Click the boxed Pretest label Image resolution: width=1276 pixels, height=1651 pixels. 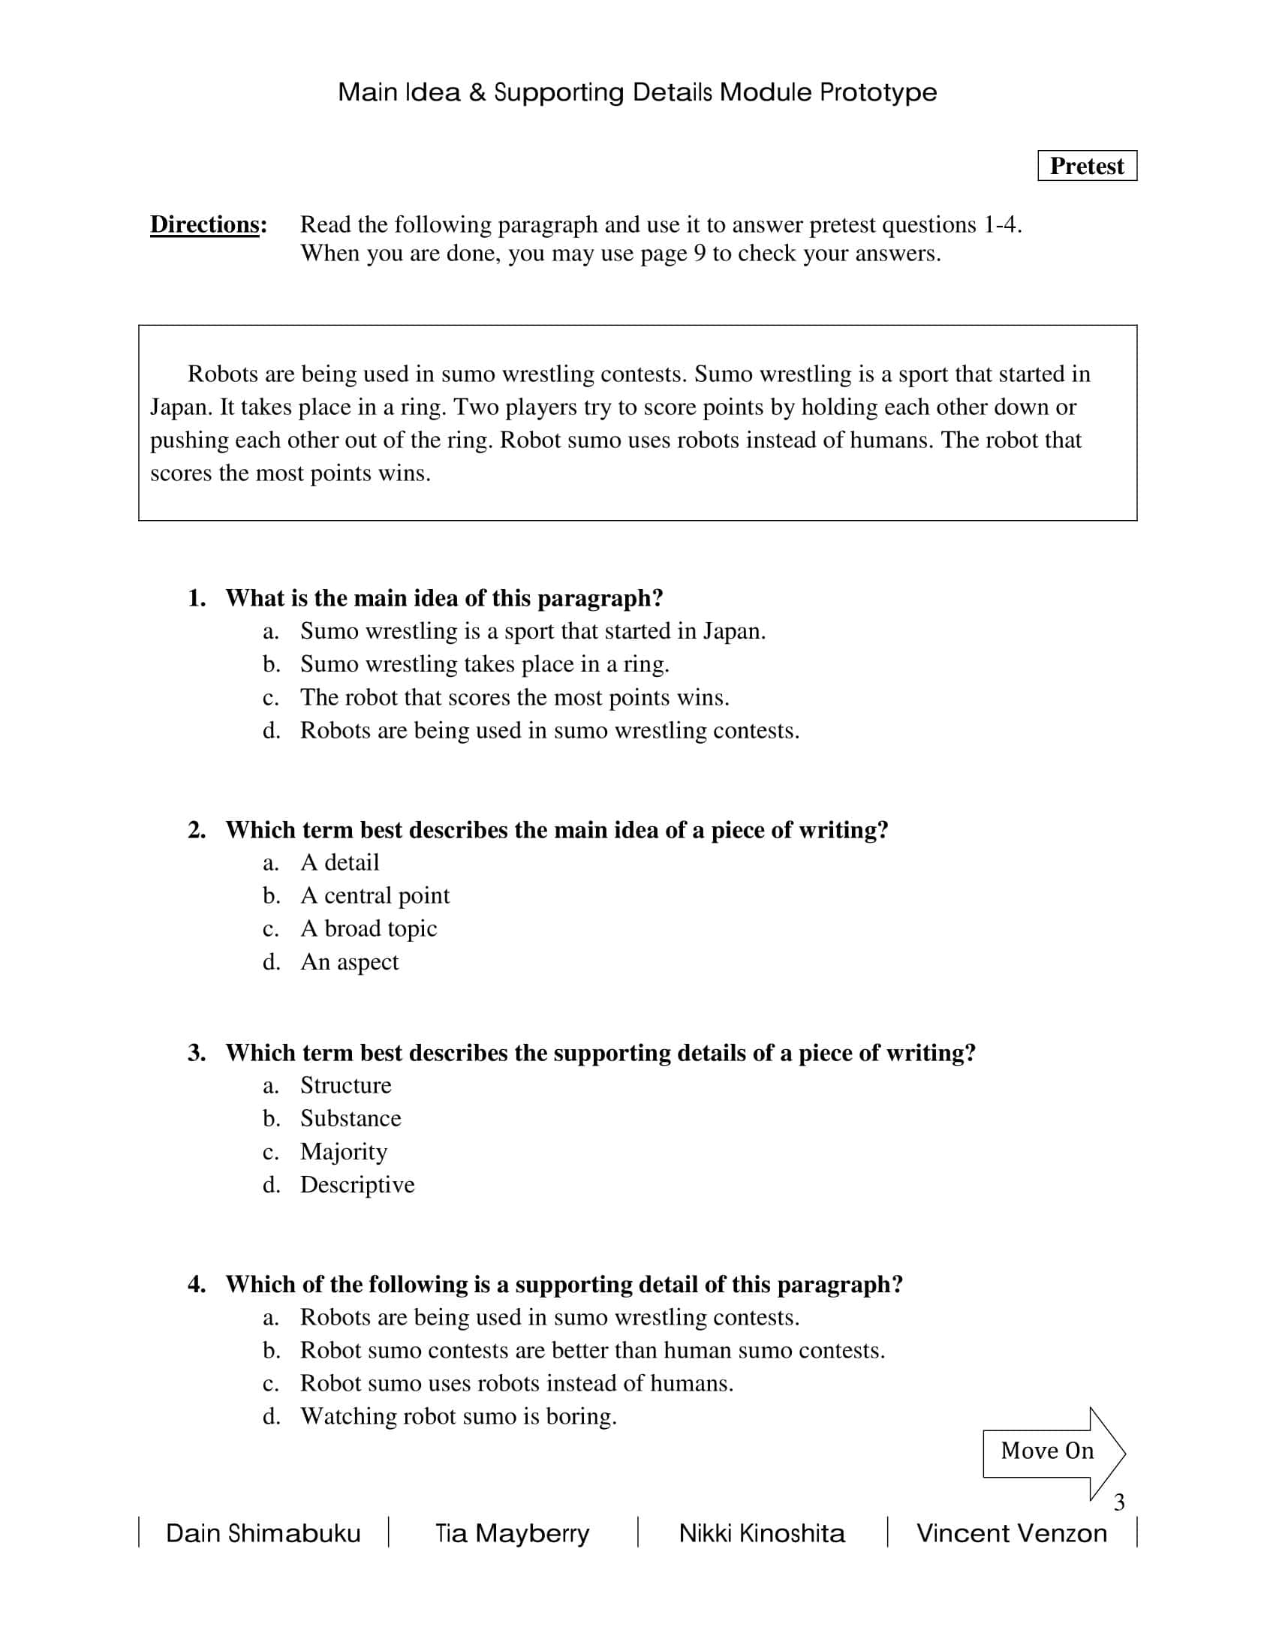(x=1086, y=166)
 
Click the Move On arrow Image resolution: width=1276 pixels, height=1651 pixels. (x=1052, y=1451)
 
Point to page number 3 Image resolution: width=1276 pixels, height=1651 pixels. (x=1119, y=1502)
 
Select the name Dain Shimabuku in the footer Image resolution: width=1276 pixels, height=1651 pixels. (x=263, y=1533)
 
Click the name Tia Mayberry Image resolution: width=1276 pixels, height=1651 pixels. (x=512, y=1533)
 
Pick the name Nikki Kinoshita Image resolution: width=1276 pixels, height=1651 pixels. (x=762, y=1533)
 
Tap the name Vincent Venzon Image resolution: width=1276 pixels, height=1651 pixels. (x=1012, y=1533)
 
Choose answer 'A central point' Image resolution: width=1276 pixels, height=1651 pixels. (x=375, y=895)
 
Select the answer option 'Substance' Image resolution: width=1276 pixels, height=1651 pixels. (x=350, y=1118)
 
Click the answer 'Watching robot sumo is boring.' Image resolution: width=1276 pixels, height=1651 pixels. (x=458, y=1416)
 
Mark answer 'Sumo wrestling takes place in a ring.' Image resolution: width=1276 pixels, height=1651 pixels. (x=485, y=663)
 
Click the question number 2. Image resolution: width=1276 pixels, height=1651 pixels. (x=197, y=830)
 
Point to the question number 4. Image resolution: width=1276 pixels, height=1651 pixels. (x=197, y=1284)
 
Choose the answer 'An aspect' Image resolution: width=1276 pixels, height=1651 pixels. (x=349, y=961)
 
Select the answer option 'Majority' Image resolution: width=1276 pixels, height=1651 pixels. (x=344, y=1151)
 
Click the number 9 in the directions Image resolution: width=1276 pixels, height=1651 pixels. (x=700, y=253)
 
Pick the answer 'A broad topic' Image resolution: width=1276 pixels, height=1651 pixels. (x=368, y=928)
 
